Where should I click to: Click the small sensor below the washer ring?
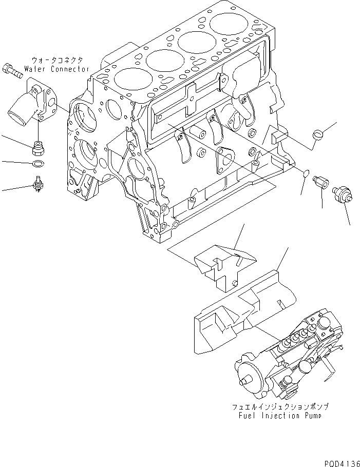click(37, 183)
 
